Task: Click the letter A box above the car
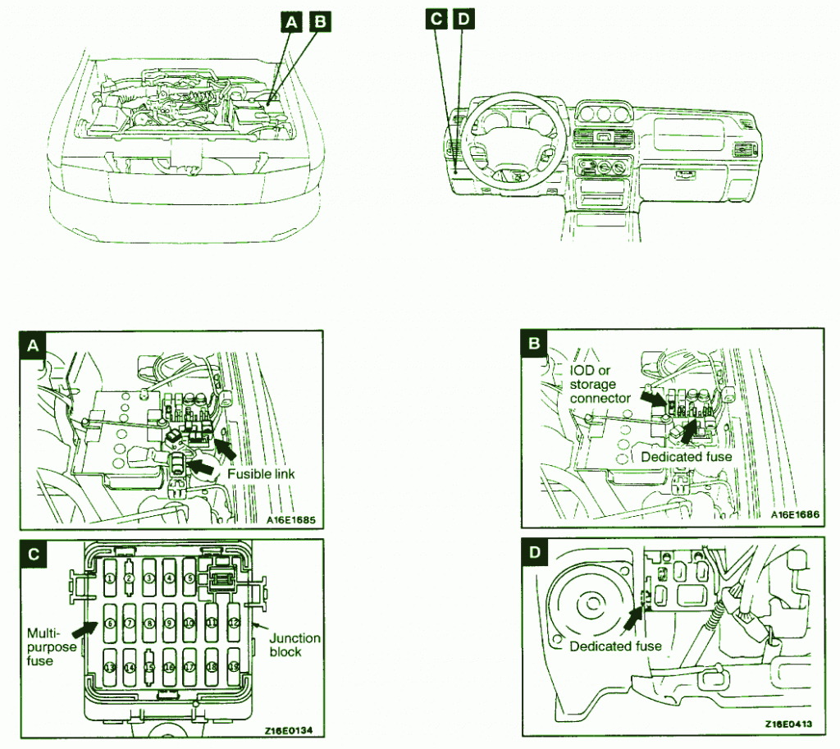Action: [x=289, y=24]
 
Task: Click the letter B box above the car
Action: [x=317, y=24]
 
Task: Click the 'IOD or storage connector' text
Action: [x=600, y=384]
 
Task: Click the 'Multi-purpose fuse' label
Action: [x=50, y=646]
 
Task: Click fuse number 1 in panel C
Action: [x=110, y=578]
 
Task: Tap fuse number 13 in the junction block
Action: [x=110, y=668]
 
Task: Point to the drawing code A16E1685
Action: [x=291, y=518]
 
